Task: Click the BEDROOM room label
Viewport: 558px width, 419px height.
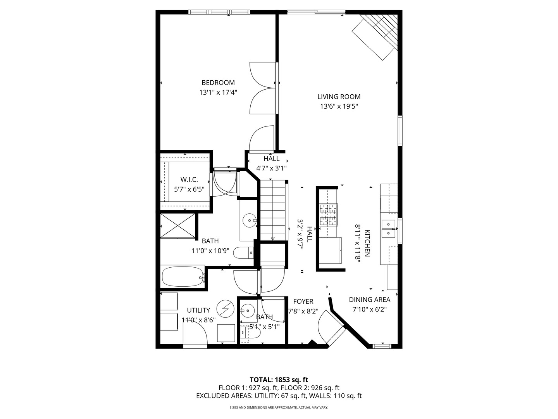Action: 218,83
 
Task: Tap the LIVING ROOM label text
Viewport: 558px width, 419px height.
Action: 339,97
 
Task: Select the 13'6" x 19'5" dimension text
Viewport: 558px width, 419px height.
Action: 339,107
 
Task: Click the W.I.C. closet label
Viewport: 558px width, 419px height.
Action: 189,180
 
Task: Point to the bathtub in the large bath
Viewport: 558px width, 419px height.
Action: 182,277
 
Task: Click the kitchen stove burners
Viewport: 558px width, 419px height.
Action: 328,215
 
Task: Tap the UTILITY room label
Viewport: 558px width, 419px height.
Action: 198,310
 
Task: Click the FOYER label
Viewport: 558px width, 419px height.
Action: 303,301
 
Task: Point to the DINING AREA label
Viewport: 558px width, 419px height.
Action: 369,300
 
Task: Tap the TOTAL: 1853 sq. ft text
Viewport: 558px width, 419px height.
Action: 279,379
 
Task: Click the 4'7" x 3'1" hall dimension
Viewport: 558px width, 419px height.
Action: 271,168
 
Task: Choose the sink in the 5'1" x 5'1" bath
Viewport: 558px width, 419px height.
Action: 246,310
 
